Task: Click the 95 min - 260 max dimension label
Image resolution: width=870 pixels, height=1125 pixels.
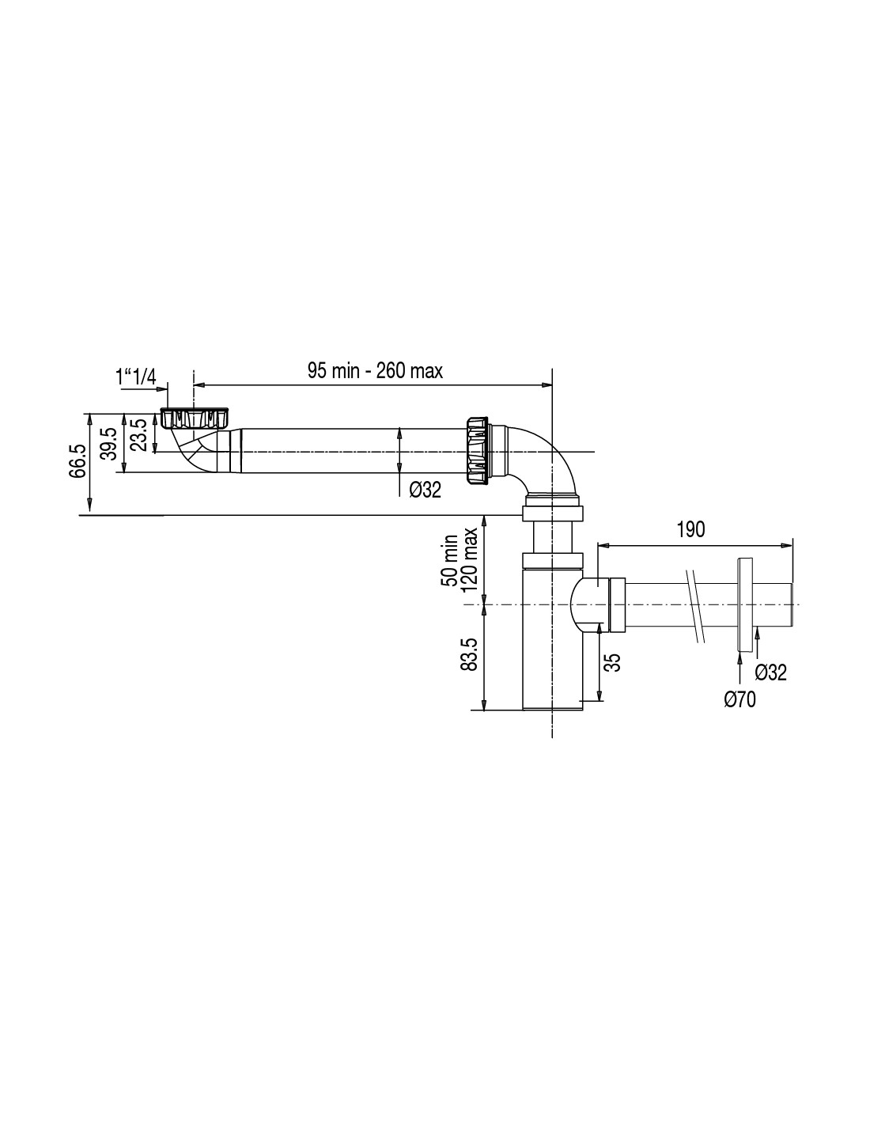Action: [x=375, y=371]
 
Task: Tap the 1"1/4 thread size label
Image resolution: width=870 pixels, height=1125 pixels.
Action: [x=135, y=377]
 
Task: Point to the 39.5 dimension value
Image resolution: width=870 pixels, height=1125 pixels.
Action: [x=109, y=444]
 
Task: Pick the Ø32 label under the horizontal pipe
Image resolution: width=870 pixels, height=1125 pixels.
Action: [x=425, y=490]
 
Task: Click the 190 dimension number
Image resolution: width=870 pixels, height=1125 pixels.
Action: [x=691, y=529]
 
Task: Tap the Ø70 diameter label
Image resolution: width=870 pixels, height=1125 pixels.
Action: [x=739, y=700]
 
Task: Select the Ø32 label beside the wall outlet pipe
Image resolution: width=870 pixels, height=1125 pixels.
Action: [x=770, y=672]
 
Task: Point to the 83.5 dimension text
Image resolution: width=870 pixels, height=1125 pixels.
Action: [x=469, y=654]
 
